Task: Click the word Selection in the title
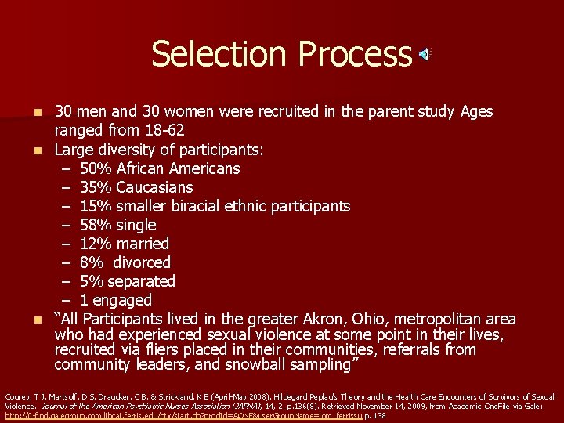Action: click(202, 54)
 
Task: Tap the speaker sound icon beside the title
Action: click(425, 54)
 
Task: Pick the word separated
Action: click(141, 281)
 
